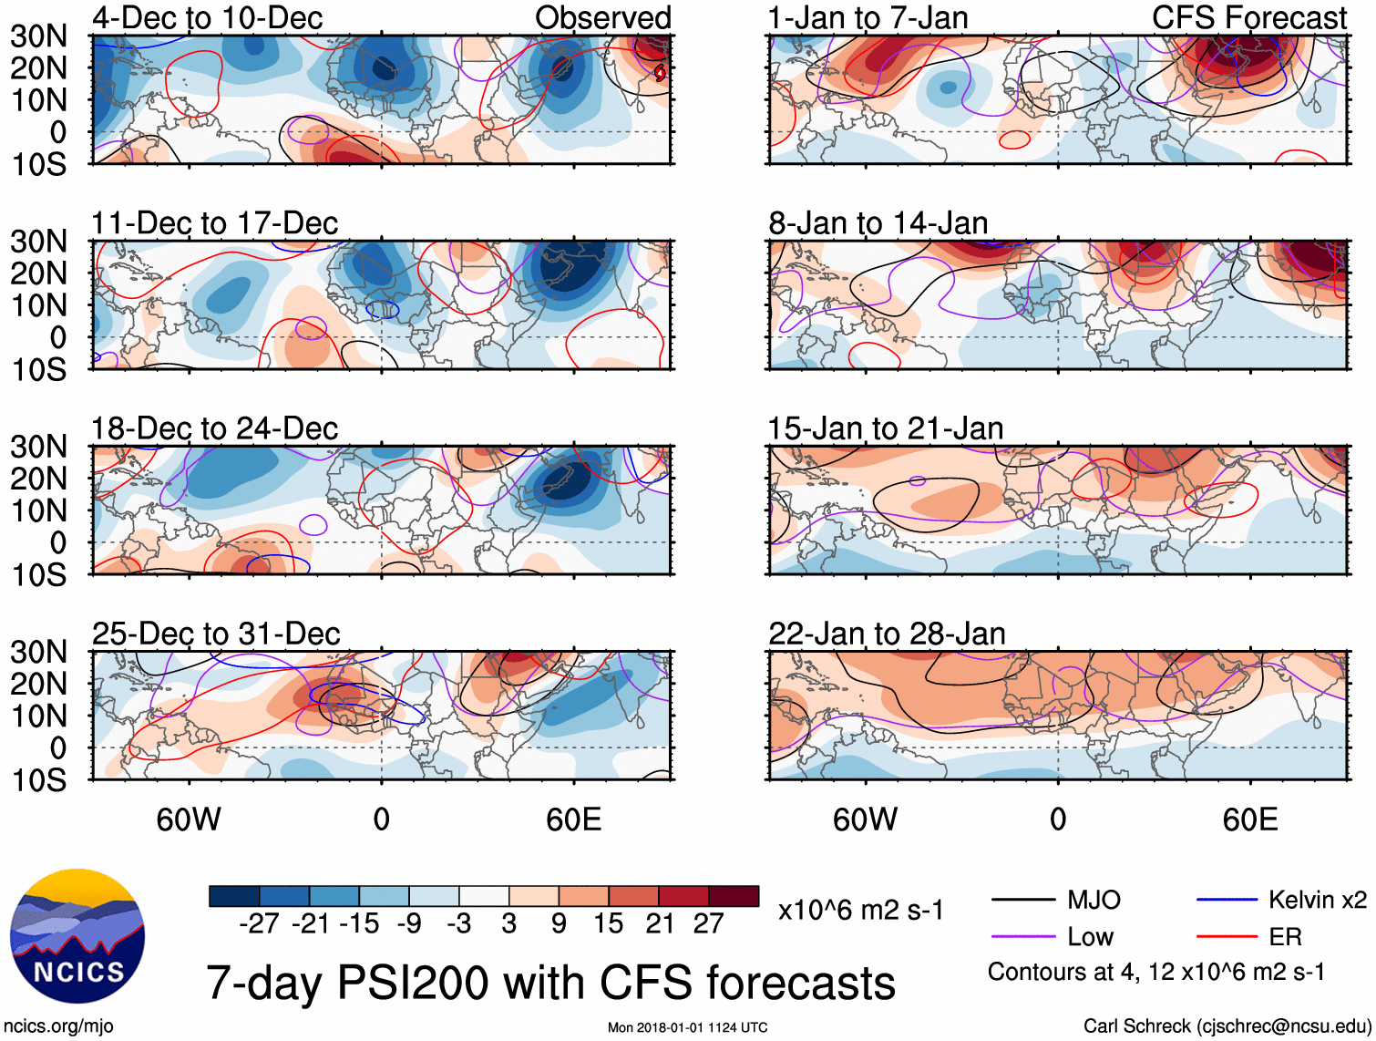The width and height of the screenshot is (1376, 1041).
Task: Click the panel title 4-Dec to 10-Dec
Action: (207, 17)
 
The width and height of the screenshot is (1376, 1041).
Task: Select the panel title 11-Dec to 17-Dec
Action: (214, 223)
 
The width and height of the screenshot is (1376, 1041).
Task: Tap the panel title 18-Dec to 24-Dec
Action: (214, 428)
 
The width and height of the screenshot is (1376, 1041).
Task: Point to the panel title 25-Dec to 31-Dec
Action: (216, 634)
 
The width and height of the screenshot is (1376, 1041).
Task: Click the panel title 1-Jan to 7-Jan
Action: (868, 17)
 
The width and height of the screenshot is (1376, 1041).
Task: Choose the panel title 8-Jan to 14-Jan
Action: (878, 223)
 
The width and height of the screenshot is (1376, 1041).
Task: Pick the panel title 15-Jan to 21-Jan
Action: (886, 428)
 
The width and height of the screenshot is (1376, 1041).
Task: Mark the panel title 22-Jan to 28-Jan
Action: (887, 634)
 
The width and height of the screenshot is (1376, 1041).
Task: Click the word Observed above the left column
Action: (602, 17)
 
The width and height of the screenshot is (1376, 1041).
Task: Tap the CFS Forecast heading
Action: (1248, 17)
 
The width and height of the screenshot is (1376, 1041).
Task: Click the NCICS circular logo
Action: (77, 936)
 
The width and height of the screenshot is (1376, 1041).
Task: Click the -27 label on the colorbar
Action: (259, 924)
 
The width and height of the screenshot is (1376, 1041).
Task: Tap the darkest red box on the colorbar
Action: (734, 896)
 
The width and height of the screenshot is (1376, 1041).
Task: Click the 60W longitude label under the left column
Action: (189, 819)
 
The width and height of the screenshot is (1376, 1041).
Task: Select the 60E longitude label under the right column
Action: (1250, 819)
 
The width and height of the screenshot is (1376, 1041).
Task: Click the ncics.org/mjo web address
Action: (58, 1026)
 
